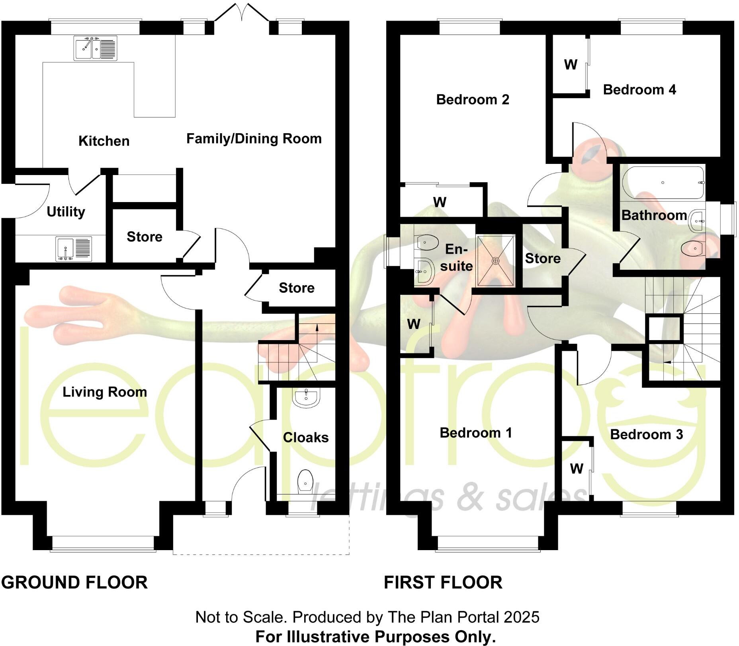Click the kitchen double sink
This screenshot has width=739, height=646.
[95, 48]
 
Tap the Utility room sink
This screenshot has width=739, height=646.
[74, 249]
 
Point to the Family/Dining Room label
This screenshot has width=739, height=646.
[254, 139]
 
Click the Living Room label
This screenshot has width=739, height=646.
[105, 392]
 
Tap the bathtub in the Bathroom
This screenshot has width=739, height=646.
[663, 183]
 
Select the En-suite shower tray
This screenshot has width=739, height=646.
[495, 261]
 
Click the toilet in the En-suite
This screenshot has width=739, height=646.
[426, 241]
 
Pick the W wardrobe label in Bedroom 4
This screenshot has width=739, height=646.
[571, 65]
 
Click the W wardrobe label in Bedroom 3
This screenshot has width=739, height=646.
[577, 469]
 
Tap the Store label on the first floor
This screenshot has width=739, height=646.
[543, 259]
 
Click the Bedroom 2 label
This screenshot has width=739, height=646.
[473, 99]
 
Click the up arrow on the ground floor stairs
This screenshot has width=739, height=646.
[317, 327]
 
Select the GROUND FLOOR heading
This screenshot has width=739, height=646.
[74, 582]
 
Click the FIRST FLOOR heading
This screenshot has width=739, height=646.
[443, 582]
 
